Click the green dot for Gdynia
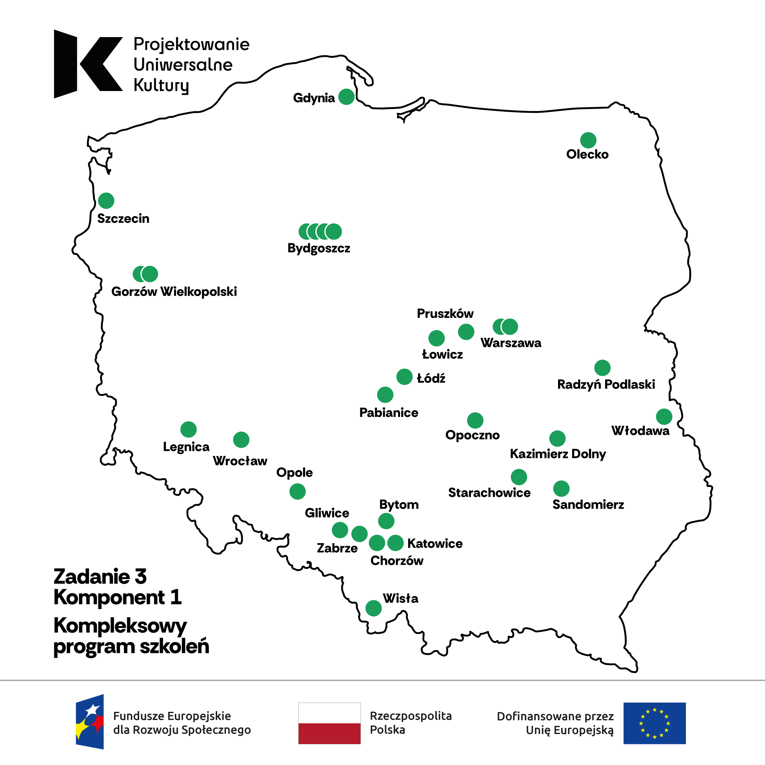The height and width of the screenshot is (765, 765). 346,97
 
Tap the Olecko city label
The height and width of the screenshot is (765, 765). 587,154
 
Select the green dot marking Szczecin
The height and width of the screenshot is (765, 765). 106,201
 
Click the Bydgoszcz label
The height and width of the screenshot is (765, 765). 319,248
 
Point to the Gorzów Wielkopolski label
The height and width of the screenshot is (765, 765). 174,291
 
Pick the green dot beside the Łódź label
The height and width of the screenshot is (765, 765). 404,376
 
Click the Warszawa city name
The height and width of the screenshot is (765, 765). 511,342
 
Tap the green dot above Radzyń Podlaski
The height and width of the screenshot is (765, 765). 602,368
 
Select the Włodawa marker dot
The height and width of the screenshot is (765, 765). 664,417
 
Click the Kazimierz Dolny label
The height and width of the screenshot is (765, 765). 558,453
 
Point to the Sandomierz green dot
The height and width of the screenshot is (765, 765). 561,488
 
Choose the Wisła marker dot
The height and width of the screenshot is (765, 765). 373,608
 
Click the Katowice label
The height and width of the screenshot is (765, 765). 435,543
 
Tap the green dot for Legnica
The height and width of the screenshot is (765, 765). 189,429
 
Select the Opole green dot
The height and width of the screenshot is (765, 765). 297,492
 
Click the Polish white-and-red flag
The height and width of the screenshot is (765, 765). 329,723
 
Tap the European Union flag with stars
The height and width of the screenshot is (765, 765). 654,723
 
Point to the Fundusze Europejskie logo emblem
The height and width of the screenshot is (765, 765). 90,721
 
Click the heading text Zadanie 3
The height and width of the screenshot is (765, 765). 100,576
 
